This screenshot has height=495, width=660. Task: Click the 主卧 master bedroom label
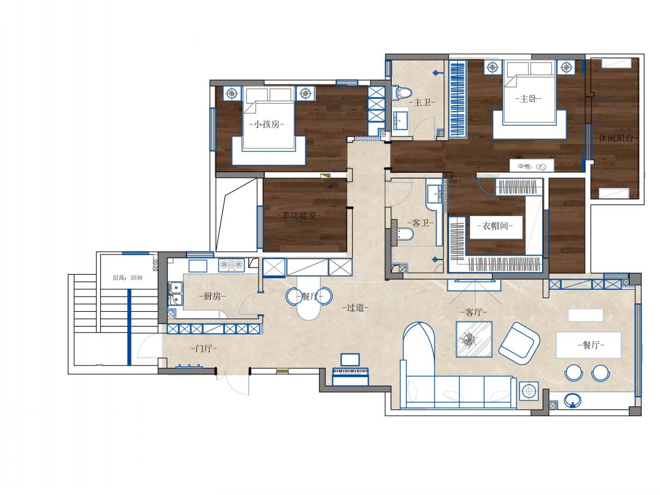tap(528, 99)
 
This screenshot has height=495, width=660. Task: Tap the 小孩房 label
tap(267, 124)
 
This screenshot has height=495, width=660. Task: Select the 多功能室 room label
tap(299, 215)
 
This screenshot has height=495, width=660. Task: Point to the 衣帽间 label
tap(495, 226)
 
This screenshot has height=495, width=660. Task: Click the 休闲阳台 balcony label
tap(616, 138)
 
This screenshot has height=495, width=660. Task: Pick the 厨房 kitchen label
tap(212, 296)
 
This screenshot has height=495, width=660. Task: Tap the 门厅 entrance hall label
tap(204, 349)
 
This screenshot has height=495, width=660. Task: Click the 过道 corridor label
tap(355, 308)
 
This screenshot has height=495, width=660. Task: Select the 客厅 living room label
tap(474, 312)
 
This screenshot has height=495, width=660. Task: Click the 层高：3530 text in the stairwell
tap(128, 278)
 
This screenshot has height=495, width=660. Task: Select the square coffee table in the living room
tap(474, 339)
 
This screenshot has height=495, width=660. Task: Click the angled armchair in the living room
tap(519, 344)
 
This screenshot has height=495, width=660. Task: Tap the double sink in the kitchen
tap(175, 293)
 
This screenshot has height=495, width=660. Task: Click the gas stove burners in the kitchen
tap(231, 264)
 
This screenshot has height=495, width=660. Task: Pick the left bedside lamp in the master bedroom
tap(493, 67)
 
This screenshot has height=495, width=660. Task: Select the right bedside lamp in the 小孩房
tap(305, 93)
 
